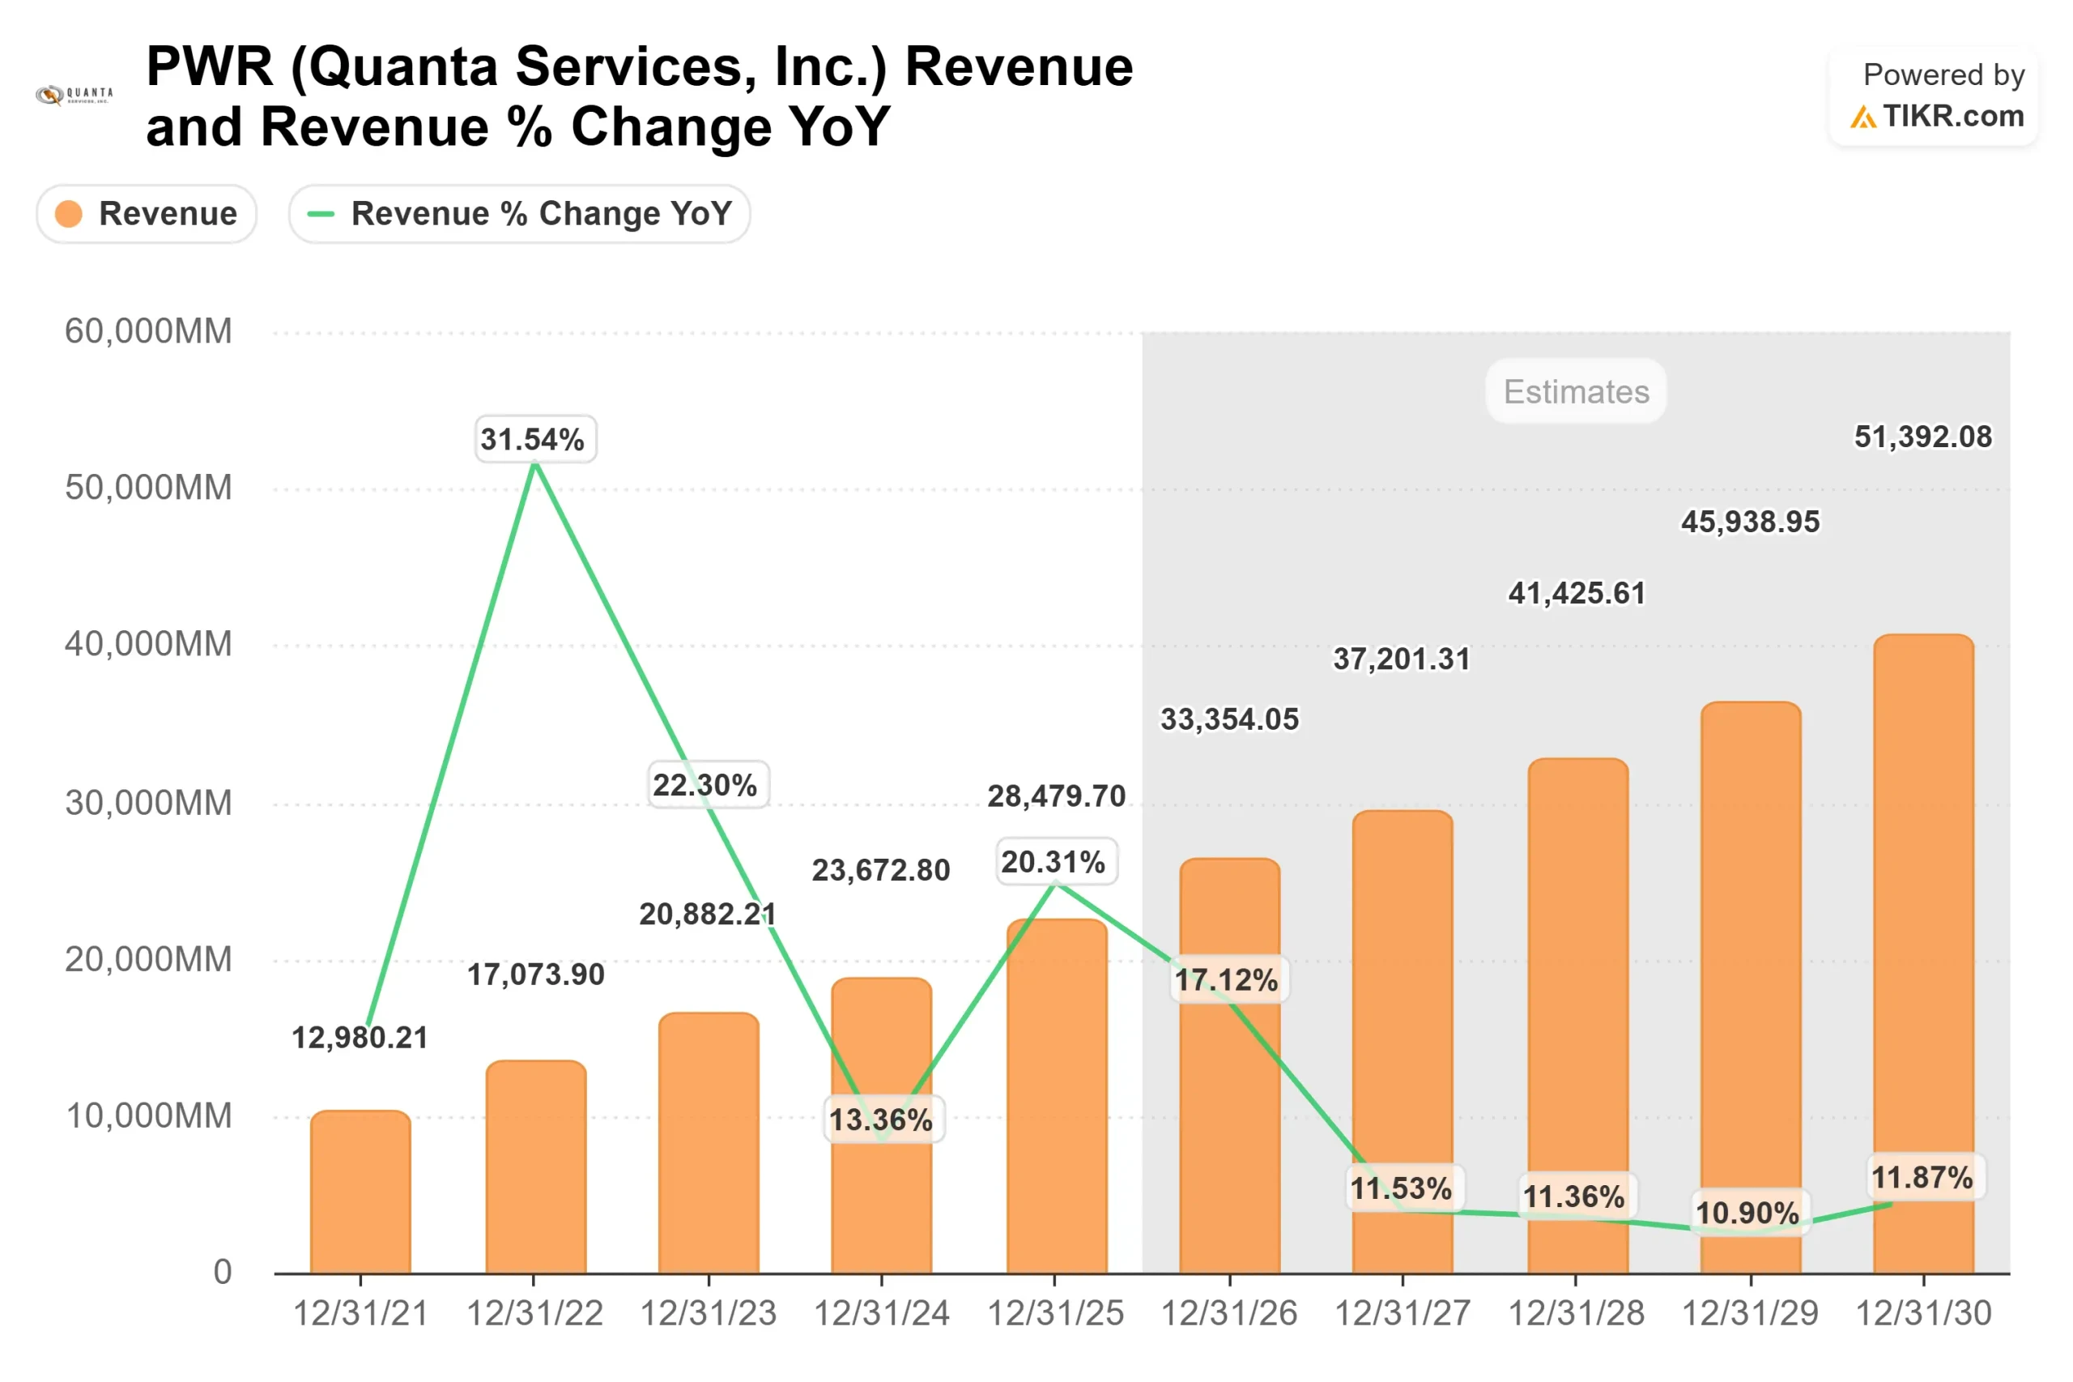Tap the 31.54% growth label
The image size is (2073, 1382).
tap(534, 439)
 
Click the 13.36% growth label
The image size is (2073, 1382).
tap(882, 1120)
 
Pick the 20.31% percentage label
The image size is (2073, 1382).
tap(1054, 861)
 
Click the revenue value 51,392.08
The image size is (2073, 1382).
tap(1922, 437)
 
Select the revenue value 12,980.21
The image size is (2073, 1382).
tap(360, 1038)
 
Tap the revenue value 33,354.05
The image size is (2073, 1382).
tap(1229, 719)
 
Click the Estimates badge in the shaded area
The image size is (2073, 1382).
tap(1575, 391)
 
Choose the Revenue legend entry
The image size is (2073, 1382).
tap(147, 213)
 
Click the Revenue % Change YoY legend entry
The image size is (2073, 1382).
tap(520, 213)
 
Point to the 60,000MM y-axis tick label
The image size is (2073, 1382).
tap(148, 331)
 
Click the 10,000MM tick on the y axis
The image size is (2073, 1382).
tap(148, 1115)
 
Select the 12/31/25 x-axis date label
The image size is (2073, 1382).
tap(1054, 1313)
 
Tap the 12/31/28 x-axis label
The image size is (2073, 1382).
tap(1575, 1313)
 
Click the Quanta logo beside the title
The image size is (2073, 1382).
tap(74, 94)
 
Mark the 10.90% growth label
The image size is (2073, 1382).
tap(1749, 1213)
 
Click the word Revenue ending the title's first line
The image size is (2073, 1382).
tap(1019, 67)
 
